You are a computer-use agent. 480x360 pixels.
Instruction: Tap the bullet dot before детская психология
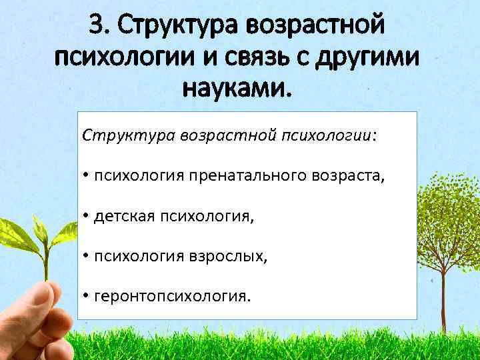point(87,216)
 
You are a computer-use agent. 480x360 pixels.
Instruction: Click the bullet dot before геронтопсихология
point(87,296)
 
